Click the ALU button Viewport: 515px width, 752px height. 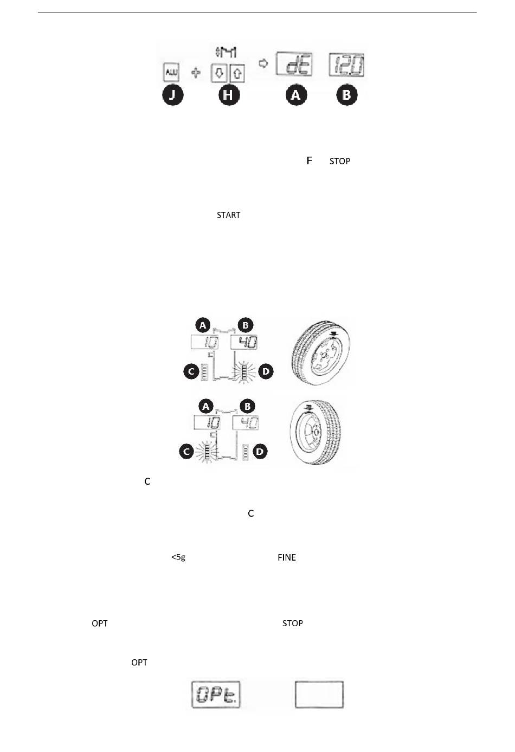click(171, 72)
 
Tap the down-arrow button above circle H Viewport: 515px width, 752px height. click(219, 73)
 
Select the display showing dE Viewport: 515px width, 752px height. click(294, 64)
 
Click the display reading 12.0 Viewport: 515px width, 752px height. click(346, 65)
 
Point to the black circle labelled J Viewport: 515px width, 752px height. click(172, 95)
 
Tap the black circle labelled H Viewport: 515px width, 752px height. click(229, 95)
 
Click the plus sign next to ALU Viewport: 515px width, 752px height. click(196, 73)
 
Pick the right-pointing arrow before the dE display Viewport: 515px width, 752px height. click(263, 63)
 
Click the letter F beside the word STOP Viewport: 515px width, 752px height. click(309, 161)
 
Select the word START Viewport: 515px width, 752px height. click(228, 215)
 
